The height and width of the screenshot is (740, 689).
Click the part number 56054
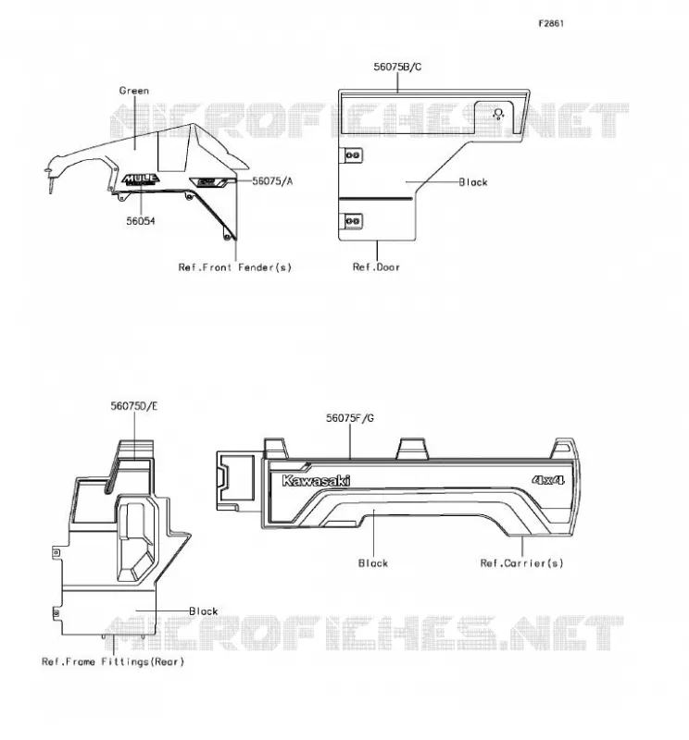pyautogui.click(x=141, y=221)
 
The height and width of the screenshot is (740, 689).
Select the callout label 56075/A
pyautogui.click(x=272, y=181)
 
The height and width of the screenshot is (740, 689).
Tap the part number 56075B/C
pyautogui.click(x=397, y=67)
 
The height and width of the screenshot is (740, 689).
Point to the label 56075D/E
pyautogui.click(x=134, y=406)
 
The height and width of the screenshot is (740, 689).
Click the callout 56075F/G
pyautogui.click(x=350, y=418)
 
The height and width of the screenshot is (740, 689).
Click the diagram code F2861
pyautogui.click(x=551, y=24)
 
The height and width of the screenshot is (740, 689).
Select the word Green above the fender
pyautogui.click(x=134, y=91)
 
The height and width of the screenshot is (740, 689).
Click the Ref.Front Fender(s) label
pyautogui.click(x=235, y=267)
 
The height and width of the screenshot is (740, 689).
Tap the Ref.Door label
pyautogui.click(x=376, y=267)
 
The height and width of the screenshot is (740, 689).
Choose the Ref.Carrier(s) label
pyautogui.click(x=521, y=563)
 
